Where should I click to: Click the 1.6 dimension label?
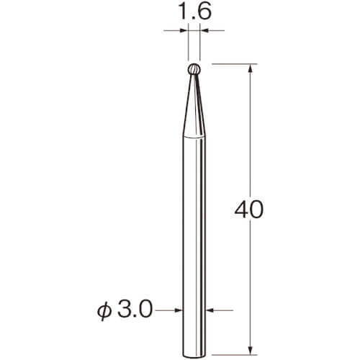coord(195,11)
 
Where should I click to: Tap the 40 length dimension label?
coord(249,210)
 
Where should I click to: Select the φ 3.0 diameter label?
coord(125,310)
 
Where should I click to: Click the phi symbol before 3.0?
coord(104,311)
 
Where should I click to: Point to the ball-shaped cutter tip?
coord(194,69)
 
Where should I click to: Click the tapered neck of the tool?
coord(194,106)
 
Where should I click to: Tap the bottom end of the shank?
coord(194,355)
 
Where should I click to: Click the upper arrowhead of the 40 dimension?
coord(251,68)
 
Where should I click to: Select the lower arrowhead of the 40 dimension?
coord(251,351)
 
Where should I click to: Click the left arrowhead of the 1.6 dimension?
coord(184,30)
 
